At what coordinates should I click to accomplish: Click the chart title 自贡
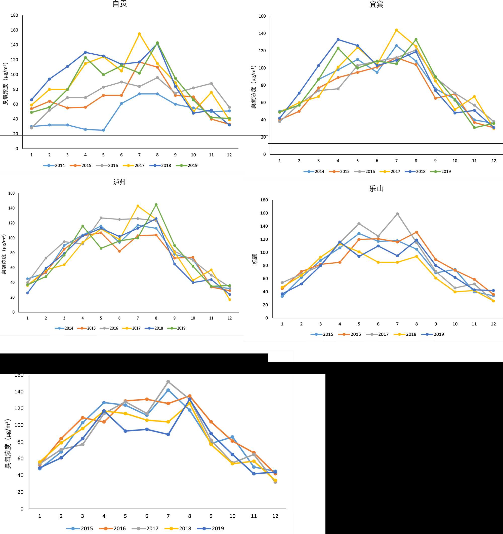pos(120,4)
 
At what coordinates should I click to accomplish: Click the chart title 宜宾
pos(376,5)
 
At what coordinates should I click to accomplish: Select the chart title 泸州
pos(119,182)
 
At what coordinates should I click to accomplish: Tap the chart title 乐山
pos(376,189)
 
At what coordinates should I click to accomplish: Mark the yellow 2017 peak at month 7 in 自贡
pos(139,34)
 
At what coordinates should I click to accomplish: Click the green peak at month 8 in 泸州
pos(156,204)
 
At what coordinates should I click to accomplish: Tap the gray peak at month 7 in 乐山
pos(397,214)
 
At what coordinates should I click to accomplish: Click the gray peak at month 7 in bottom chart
pos(168,381)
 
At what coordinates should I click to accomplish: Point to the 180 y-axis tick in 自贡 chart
pos(15,15)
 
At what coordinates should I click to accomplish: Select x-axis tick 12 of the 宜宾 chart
pos(494,161)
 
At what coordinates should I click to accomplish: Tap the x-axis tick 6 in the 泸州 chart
pos(119,318)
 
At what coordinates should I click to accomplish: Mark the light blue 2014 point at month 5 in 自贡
pos(103,130)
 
